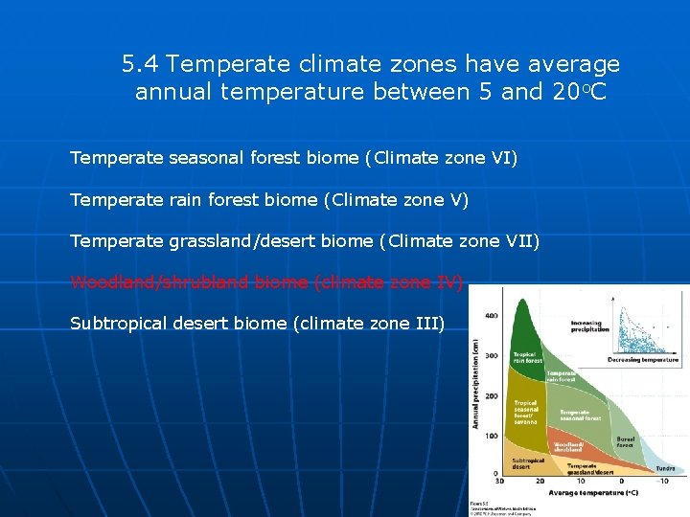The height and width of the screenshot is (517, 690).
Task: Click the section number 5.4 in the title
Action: (141, 65)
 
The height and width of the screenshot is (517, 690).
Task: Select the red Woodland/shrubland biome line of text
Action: (266, 282)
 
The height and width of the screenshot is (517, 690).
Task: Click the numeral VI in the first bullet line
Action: (503, 157)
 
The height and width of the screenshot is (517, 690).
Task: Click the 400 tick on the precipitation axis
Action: (491, 316)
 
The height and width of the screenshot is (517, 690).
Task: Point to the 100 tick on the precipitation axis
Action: (491, 436)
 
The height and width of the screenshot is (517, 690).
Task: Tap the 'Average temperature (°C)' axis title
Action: (593, 494)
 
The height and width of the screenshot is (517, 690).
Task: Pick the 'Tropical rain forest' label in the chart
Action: (527, 357)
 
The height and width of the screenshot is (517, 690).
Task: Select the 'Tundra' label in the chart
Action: (664, 468)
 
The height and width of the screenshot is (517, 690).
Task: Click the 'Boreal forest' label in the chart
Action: (625, 441)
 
